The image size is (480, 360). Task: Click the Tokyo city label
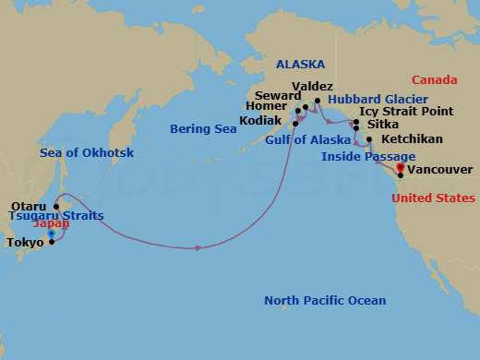click(25, 244)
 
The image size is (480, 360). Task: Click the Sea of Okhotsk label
click(82, 152)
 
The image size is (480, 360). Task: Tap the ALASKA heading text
click(300, 64)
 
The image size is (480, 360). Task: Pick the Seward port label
click(280, 95)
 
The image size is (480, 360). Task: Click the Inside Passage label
click(367, 156)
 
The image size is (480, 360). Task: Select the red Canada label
click(434, 79)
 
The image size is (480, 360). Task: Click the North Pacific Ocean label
click(324, 301)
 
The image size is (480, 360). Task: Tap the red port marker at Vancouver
click(400, 168)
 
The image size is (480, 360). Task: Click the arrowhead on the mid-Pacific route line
click(198, 247)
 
